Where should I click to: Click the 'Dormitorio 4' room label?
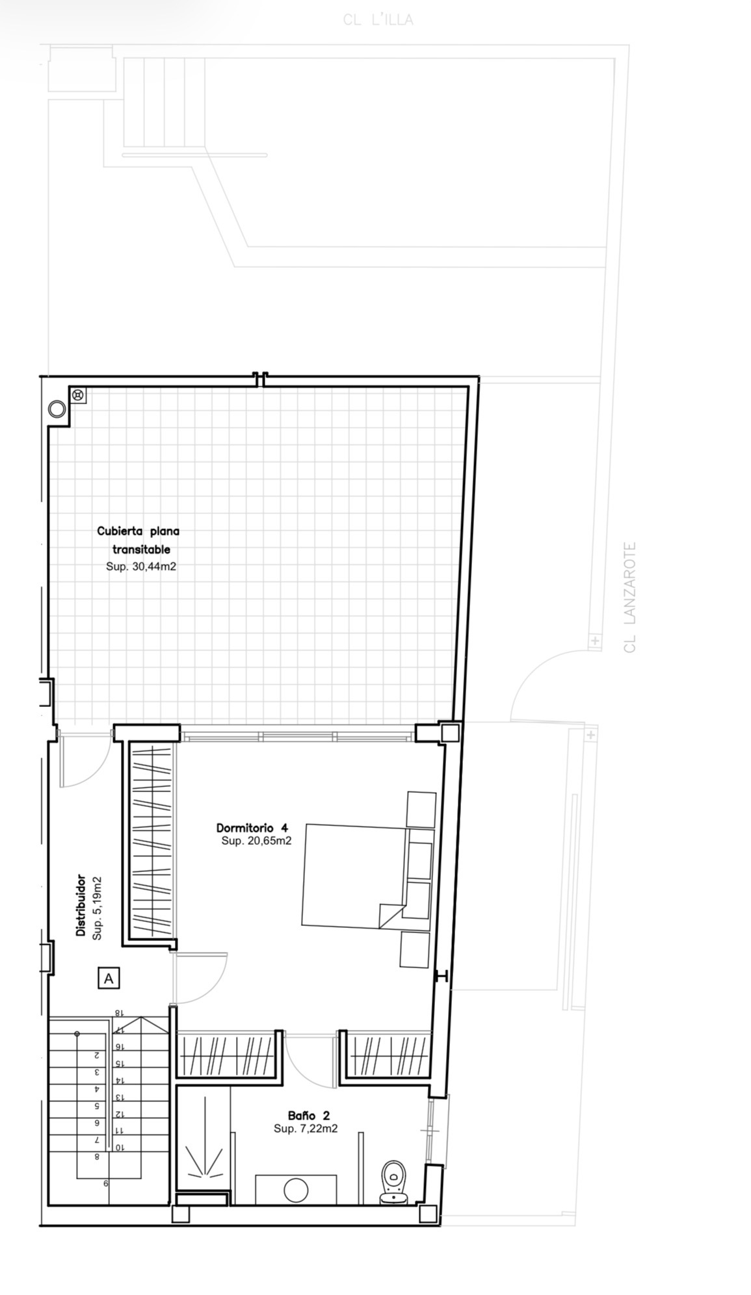point(252,828)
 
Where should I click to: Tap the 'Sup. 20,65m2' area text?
point(256,841)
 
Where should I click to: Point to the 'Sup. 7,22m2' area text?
point(306,1129)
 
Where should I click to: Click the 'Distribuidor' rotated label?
point(81,905)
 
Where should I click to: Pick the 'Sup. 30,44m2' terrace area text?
point(141,567)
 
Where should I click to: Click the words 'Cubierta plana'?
point(138,531)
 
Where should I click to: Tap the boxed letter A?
point(109,978)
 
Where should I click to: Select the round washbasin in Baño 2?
point(296,1190)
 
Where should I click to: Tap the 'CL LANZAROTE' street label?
point(629,597)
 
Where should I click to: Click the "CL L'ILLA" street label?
point(378,20)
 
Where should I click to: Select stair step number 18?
point(118,1013)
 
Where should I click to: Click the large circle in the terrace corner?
point(57,409)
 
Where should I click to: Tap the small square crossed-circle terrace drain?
point(78,394)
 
